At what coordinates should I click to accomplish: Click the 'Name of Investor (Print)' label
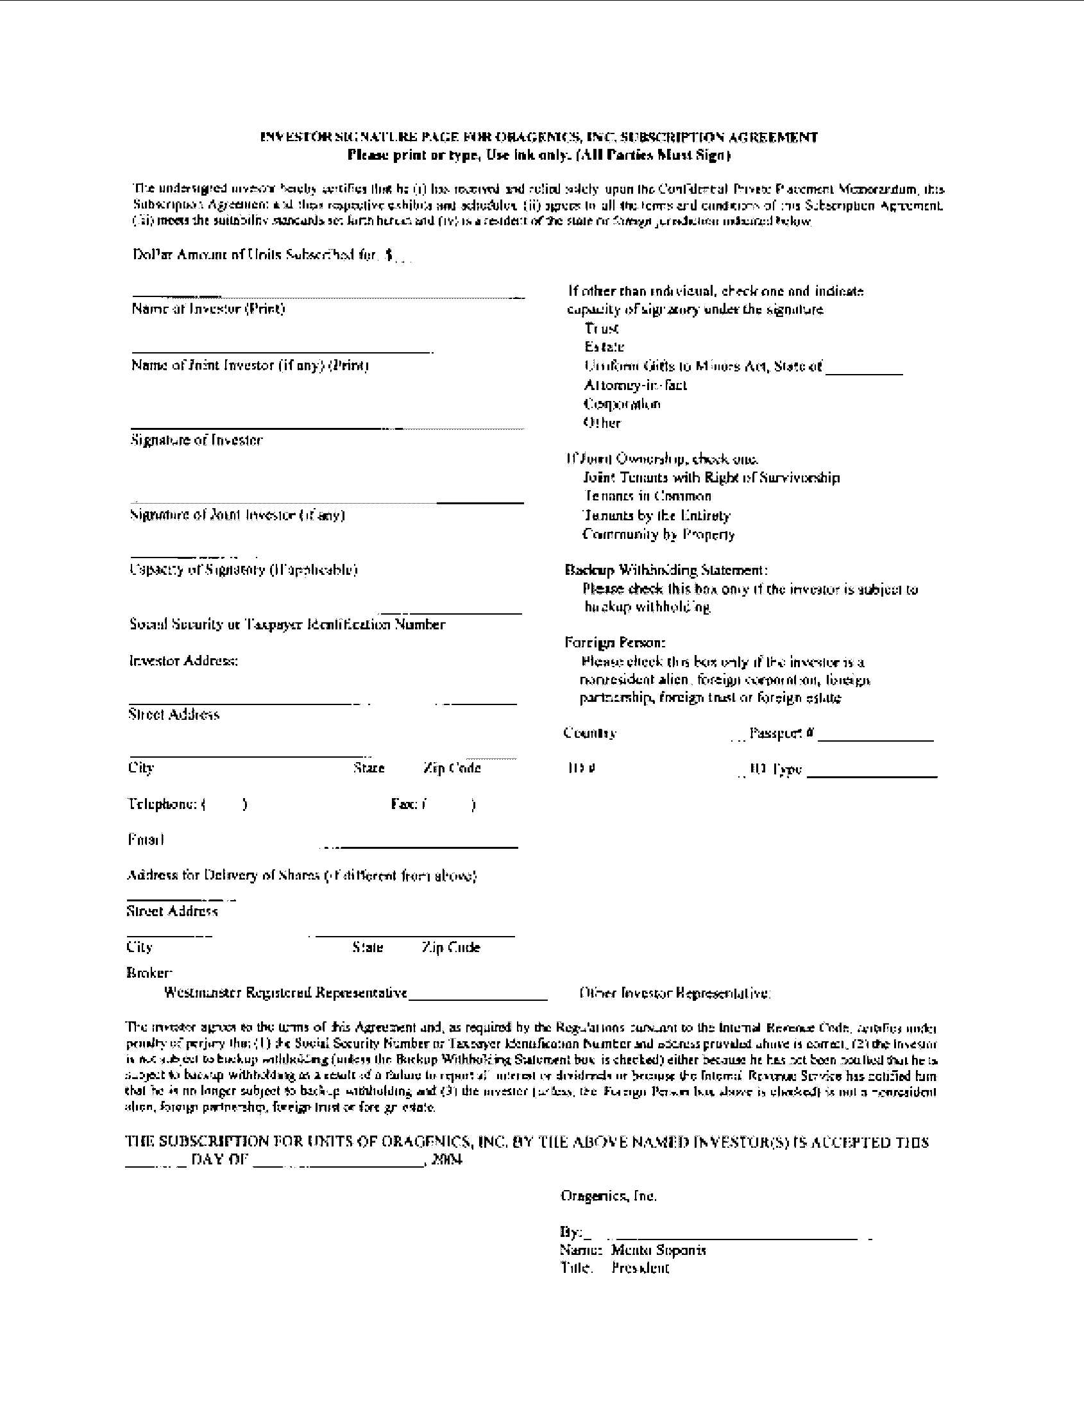pyautogui.click(x=208, y=309)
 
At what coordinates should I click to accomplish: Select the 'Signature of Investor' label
pyautogui.click(x=197, y=440)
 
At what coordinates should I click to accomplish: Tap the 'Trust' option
pyautogui.click(x=602, y=328)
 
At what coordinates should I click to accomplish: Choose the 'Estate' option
pyautogui.click(x=604, y=346)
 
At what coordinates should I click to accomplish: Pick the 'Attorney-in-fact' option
pyautogui.click(x=635, y=386)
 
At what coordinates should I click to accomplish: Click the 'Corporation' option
pyautogui.click(x=622, y=404)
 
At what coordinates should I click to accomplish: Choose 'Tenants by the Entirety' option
pyautogui.click(x=656, y=515)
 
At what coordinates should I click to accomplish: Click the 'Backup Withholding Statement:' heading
pyautogui.click(x=666, y=570)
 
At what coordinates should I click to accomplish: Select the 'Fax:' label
pyautogui.click(x=403, y=803)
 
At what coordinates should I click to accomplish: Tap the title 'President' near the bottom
pyautogui.click(x=640, y=1268)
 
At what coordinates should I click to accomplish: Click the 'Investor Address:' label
pyautogui.click(x=183, y=660)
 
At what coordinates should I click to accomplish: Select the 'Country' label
pyautogui.click(x=589, y=733)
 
